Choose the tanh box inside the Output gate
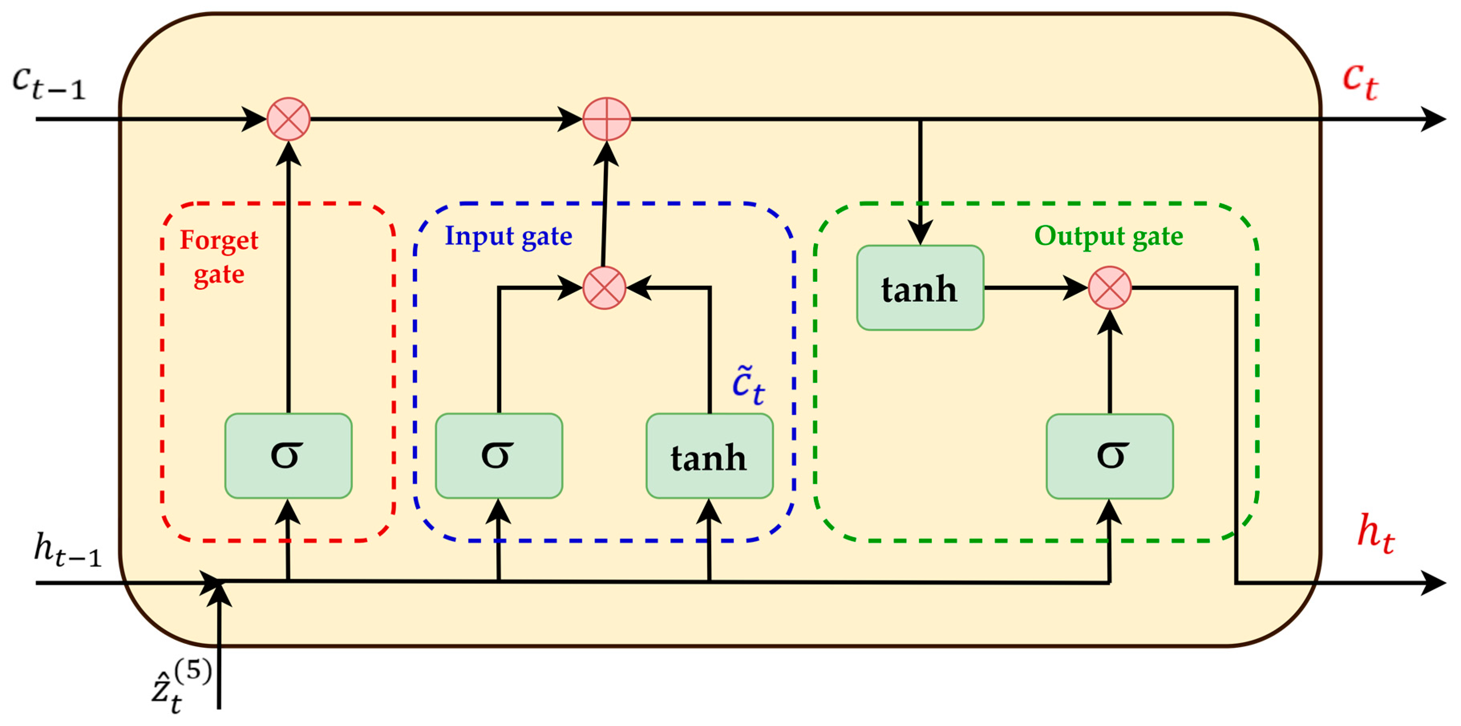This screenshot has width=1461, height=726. click(920, 287)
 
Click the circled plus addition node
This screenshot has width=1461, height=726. click(606, 119)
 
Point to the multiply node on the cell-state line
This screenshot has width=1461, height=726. click(288, 119)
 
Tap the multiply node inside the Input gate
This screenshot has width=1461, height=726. click(604, 287)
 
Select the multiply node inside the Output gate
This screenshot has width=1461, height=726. click(1109, 287)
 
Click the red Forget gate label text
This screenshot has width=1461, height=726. click(219, 257)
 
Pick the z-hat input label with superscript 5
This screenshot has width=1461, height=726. click(180, 687)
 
